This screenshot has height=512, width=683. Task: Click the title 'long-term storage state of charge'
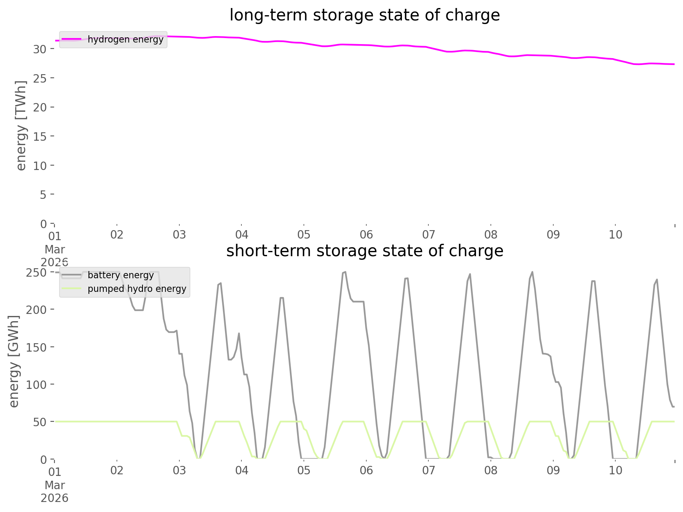coord(364,15)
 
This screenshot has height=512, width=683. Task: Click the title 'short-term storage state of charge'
coord(364,251)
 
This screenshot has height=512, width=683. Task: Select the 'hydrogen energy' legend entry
coord(125,39)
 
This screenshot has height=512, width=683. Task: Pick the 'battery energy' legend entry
coord(121,275)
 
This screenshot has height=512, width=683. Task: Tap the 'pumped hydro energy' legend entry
coord(137,289)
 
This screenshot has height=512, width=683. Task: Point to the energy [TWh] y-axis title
coord(21,125)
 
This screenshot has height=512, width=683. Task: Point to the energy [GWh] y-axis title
coord(14,361)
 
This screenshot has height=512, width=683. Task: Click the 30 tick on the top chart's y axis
coord(40,49)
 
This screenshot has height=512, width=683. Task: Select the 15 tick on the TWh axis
coord(40,137)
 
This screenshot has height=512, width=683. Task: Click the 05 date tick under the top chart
coord(304,235)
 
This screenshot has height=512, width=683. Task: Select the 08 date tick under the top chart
coord(491,235)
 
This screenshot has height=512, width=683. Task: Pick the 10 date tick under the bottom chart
coord(615,470)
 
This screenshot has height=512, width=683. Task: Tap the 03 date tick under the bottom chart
coord(179,470)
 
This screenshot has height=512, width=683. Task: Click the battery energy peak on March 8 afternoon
coord(532,272)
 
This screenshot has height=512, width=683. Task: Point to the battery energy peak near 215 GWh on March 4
coord(281,297)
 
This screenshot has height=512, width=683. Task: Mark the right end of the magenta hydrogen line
coord(674,64)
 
